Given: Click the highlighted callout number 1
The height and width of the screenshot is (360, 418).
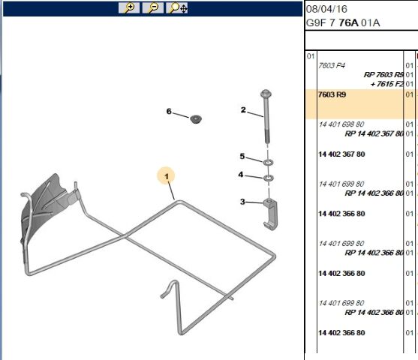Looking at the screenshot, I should tap(167, 175).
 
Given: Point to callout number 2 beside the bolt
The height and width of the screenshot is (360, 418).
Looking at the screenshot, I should tap(243, 110).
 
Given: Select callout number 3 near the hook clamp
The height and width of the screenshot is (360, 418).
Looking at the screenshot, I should tap(242, 201).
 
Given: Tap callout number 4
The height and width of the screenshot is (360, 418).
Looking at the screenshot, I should tap(241, 175).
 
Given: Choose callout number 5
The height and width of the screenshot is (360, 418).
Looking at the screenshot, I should tap(242, 156).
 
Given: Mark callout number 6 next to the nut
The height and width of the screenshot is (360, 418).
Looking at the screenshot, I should tap(169, 112).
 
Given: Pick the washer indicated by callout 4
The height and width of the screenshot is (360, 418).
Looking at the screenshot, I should tap(268, 178).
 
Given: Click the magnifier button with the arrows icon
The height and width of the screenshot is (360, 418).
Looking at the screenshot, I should tap(178, 8).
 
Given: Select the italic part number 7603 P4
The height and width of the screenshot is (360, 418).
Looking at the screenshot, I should tap(332, 66).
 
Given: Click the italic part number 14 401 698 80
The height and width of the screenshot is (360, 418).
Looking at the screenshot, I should tap(341, 124).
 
